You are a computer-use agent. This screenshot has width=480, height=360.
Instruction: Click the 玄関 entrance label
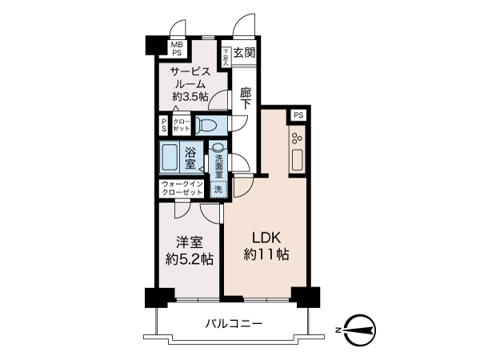pos(245,54)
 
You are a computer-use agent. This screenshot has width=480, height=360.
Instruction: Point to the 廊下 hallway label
pos(246,98)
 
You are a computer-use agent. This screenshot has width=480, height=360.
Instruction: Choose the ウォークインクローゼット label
pos(182,189)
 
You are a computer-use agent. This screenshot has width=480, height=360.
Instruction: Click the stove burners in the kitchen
pos(296,137)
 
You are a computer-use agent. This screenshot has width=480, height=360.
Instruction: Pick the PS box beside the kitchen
pos(298,115)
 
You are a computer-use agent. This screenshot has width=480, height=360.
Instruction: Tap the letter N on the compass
pos(339,328)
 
